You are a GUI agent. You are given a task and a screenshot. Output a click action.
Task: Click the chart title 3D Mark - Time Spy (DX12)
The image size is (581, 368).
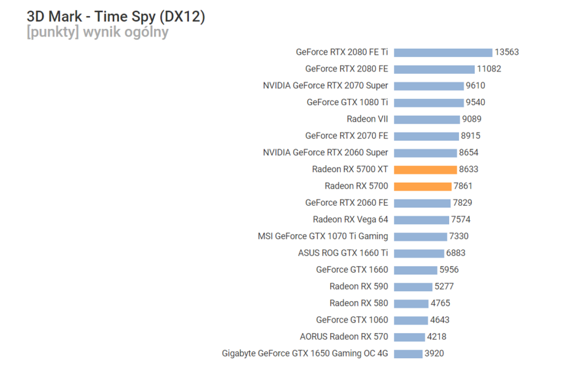coord(115,17)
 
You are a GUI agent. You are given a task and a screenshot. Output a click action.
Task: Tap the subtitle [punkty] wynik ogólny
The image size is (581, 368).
coord(97,33)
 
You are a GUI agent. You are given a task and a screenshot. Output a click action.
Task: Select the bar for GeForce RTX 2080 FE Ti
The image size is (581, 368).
coord(443,52)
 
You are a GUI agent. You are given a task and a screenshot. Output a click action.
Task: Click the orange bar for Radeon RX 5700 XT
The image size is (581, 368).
coord(425,170)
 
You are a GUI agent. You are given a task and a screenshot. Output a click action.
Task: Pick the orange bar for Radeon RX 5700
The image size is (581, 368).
coord(423,186)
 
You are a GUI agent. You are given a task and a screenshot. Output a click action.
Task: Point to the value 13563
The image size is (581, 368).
coord(507,52)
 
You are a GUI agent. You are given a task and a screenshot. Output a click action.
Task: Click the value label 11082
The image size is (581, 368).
coord(489,69)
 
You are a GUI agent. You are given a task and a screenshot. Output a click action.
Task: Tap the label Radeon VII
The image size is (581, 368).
coord(367,119)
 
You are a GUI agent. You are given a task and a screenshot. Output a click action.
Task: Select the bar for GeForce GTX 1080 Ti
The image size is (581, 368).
coord(428,103)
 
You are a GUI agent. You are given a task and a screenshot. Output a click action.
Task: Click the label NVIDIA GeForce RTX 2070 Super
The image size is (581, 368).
coord(325,85)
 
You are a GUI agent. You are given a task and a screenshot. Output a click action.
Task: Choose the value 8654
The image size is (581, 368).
coord(468,152)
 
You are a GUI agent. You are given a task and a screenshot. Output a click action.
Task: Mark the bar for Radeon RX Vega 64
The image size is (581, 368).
coord(421,219)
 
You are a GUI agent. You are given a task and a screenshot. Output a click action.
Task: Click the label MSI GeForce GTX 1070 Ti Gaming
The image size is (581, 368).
coord(323,236)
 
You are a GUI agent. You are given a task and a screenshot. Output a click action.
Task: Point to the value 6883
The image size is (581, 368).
coord(456,253)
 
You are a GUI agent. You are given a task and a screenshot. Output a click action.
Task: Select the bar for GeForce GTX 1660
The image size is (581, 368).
coord(415,270)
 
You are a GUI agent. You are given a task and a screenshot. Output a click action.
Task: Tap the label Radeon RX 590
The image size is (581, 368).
coord(358,286)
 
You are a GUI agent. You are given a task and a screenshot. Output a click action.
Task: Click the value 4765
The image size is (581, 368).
coord(441,303)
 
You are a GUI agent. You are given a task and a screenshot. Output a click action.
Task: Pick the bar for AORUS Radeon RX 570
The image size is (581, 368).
coord(409,337)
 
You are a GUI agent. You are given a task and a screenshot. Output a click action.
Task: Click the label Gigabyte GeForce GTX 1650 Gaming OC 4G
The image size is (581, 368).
coord(305,353)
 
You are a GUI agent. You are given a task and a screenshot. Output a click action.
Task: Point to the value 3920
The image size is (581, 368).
coord(434,353)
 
